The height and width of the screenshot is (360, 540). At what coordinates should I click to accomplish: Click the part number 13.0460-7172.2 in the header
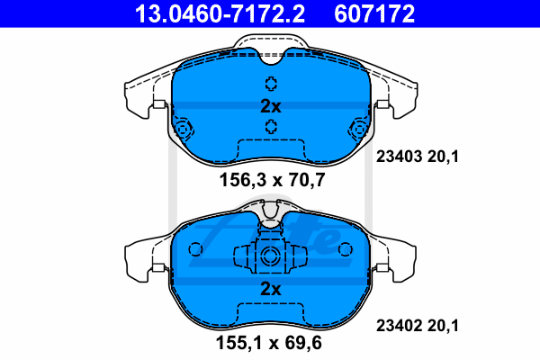point(220,13)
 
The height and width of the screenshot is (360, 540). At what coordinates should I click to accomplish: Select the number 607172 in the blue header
point(374,13)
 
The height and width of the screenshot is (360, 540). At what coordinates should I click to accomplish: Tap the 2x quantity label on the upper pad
point(271,106)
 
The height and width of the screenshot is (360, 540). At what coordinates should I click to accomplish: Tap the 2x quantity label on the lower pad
point(271,289)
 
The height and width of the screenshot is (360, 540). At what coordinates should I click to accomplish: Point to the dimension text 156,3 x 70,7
point(272,180)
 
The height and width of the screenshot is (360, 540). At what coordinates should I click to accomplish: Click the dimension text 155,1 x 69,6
point(268,342)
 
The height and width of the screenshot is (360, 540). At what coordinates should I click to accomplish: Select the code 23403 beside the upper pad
point(399,157)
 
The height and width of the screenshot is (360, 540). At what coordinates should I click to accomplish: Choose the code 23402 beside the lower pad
point(399,326)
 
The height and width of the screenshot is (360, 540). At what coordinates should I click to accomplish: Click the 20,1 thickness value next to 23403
point(443,157)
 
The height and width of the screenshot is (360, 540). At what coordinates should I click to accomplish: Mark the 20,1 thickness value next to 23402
point(443,326)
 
